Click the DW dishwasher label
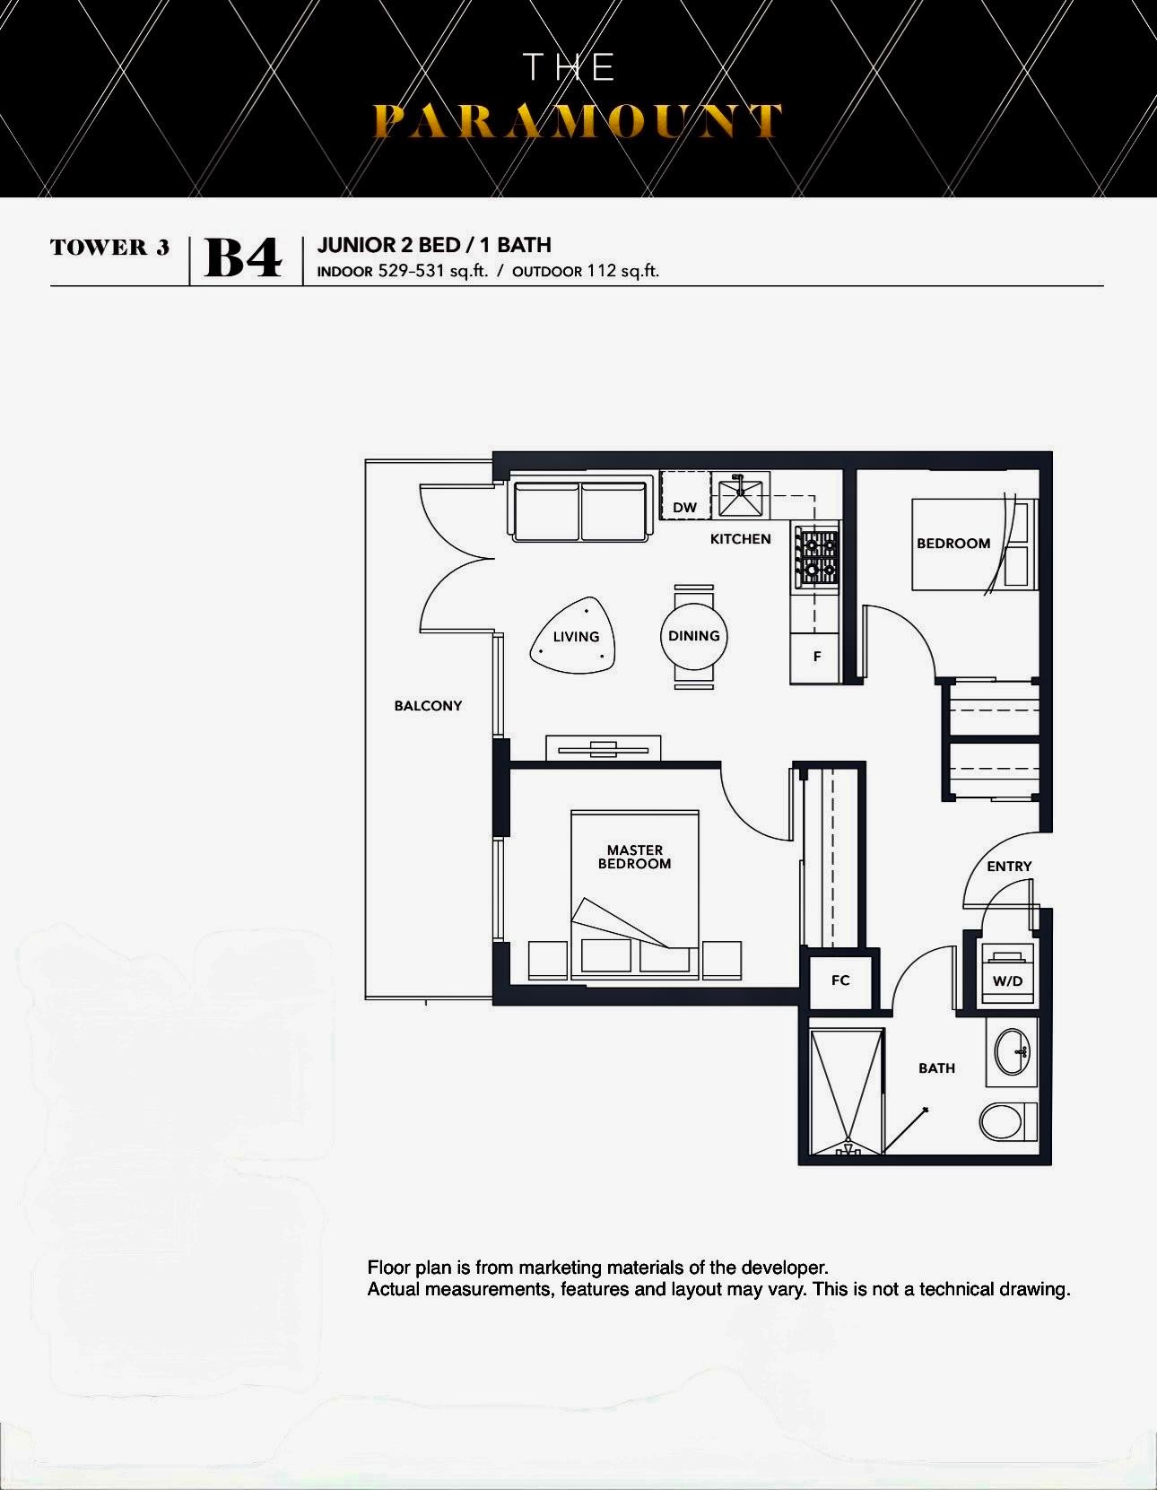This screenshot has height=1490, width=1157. [684, 508]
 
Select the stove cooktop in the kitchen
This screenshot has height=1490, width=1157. [816, 556]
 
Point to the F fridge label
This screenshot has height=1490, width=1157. [817, 657]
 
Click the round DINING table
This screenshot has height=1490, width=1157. [693, 636]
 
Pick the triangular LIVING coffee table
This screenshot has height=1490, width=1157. [574, 636]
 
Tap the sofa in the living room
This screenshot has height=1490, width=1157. [580, 511]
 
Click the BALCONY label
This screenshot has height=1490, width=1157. [428, 706]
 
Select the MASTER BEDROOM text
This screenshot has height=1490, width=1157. [635, 857]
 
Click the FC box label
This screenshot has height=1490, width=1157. [840, 980]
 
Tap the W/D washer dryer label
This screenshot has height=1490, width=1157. [1007, 981]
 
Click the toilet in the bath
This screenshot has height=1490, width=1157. [1008, 1122]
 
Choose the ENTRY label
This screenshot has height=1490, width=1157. [1009, 866]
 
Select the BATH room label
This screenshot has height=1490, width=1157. [936, 1068]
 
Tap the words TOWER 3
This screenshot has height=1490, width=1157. [109, 247]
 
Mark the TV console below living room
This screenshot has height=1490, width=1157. [604, 748]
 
